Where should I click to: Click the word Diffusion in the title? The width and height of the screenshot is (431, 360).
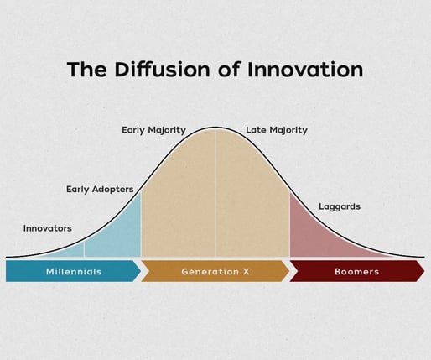click(x=162, y=69)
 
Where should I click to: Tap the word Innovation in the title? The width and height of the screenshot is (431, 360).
click(x=305, y=69)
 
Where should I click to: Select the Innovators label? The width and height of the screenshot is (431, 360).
click(x=48, y=228)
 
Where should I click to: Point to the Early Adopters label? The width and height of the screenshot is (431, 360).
click(x=100, y=190)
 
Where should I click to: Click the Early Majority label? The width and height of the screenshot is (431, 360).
click(x=153, y=130)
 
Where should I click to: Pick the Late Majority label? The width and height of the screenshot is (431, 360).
click(x=277, y=130)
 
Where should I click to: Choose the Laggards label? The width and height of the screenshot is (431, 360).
click(x=340, y=206)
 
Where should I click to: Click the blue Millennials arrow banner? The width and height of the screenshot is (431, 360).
click(x=73, y=271)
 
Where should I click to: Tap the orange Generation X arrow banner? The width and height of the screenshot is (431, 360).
click(x=215, y=271)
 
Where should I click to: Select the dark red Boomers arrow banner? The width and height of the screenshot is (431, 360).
click(x=357, y=271)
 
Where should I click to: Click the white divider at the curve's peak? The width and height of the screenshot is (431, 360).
click(x=215, y=192)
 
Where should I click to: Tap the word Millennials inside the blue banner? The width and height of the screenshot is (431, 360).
click(x=74, y=271)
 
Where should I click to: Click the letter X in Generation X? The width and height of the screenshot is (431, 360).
click(x=246, y=272)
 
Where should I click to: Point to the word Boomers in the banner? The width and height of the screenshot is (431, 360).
click(x=357, y=272)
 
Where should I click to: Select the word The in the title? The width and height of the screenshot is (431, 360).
click(x=87, y=69)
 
